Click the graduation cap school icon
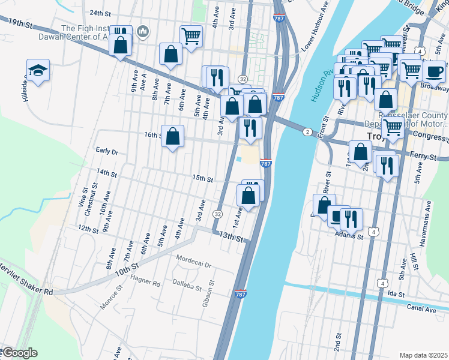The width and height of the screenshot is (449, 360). pos(38,70)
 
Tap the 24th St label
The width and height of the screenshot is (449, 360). pos(101,13)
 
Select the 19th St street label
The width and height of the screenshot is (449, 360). pos(20,22)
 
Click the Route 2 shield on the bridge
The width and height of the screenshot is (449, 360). pos(307,132)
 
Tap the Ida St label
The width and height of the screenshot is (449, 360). pos(394,294)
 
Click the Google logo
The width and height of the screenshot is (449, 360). pos(19,353)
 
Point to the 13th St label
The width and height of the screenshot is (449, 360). pos(232,238)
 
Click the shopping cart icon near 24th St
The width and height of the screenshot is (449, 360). pos(191,37)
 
